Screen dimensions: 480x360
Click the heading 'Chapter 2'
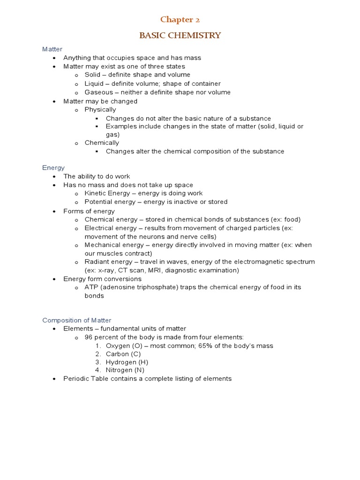177,19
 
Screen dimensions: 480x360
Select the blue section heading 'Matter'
52,49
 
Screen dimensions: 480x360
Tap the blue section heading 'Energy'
53,167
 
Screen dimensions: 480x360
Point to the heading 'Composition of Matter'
77,320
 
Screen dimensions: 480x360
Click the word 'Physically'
100,110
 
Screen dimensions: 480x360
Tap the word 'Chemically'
102,143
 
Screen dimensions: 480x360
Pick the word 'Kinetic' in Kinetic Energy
95,193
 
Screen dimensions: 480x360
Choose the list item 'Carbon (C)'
123,354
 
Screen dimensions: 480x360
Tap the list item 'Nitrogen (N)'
125,370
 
